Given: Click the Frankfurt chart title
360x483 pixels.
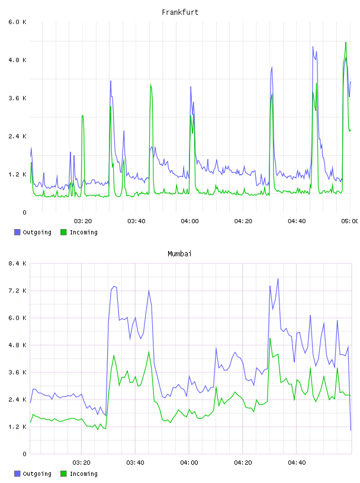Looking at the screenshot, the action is [x=180, y=12].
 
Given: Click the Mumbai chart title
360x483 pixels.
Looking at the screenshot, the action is [x=179, y=254].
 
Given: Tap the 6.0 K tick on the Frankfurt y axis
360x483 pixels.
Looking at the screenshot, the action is [x=18, y=22].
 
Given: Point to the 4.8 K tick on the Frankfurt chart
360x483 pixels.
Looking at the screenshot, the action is [x=18, y=60].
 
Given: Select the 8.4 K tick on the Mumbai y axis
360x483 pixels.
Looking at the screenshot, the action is [x=18, y=263].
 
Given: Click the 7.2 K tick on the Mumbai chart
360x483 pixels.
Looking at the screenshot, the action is [x=18, y=291].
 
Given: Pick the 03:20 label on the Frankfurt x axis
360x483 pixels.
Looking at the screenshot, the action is [x=83, y=221].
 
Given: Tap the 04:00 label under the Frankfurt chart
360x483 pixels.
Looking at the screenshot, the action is [x=190, y=221].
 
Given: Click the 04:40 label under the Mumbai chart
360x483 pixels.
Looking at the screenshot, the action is [x=297, y=462].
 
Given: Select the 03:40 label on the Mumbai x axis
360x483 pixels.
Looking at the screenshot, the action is [x=136, y=462].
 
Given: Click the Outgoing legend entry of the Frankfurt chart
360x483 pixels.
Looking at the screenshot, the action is [x=33, y=232].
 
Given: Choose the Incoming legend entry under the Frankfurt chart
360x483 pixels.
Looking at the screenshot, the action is [x=79, y=232].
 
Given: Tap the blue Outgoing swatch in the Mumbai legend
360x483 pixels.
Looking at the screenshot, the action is [x=17, y=474].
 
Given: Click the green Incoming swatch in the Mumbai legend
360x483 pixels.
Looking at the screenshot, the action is [x=63, y=474].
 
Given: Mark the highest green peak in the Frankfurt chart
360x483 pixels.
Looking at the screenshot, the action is [x=346, y=43].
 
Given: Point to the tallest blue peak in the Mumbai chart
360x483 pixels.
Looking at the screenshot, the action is [x=278, y=279].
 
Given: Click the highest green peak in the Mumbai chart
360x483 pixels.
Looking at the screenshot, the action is [x=270, y=339].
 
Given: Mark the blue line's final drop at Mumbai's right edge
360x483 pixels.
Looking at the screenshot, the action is [x=349, y=388].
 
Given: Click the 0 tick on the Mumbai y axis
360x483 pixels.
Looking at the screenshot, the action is [x=24, y=454].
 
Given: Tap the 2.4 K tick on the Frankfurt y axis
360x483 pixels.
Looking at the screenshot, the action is [x=18, y=137].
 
